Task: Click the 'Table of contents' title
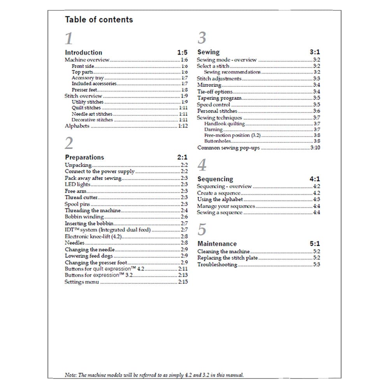point(99,19)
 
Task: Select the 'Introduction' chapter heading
point(83,53)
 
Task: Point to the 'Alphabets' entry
point(77,126)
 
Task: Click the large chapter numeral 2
point(69,144)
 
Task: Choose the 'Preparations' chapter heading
point(84,157)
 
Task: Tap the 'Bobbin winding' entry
point(84,217)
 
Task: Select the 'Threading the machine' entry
point(93,210)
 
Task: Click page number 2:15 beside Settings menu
point(183,282)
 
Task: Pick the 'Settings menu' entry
point(82,282)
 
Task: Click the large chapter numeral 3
point(202,38)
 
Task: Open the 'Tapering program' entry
point(219,98)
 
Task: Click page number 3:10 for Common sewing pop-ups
point(315,148)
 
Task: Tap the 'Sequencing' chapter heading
point(215,179)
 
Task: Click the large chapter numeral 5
point(202,230)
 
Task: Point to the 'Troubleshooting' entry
point(217,265)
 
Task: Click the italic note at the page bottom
point(154,375)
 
